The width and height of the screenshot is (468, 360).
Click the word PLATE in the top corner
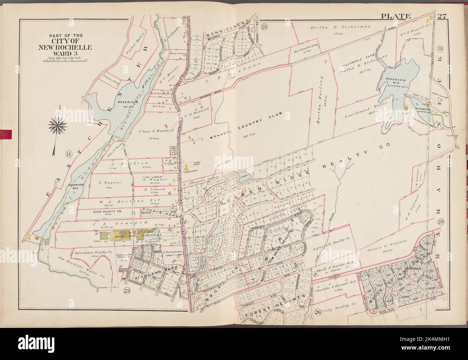tap(396, 15)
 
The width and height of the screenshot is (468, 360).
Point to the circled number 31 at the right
tap(440, 49)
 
